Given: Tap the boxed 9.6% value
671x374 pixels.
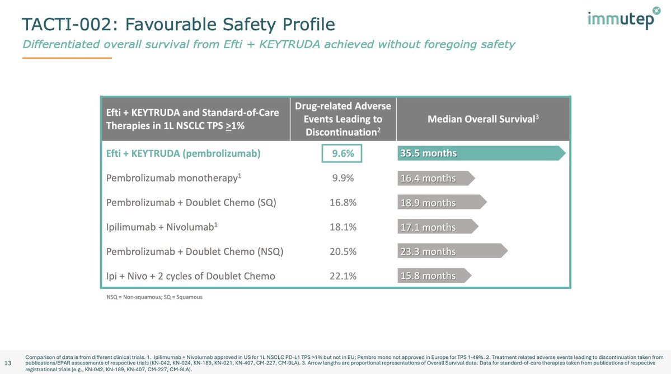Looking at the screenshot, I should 342,153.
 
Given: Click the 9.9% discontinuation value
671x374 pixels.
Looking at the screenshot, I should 342,178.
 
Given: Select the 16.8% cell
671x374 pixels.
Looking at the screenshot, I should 342,202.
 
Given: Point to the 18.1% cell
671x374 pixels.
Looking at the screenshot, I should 342,227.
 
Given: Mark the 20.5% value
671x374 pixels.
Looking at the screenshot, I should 342,251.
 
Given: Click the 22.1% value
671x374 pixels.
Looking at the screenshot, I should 342,275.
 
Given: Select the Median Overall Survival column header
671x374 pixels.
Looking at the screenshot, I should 483,119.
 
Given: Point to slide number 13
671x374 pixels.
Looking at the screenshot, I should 8,361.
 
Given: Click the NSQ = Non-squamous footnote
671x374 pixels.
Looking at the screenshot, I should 154,297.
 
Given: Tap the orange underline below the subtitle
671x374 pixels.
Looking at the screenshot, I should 67,58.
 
